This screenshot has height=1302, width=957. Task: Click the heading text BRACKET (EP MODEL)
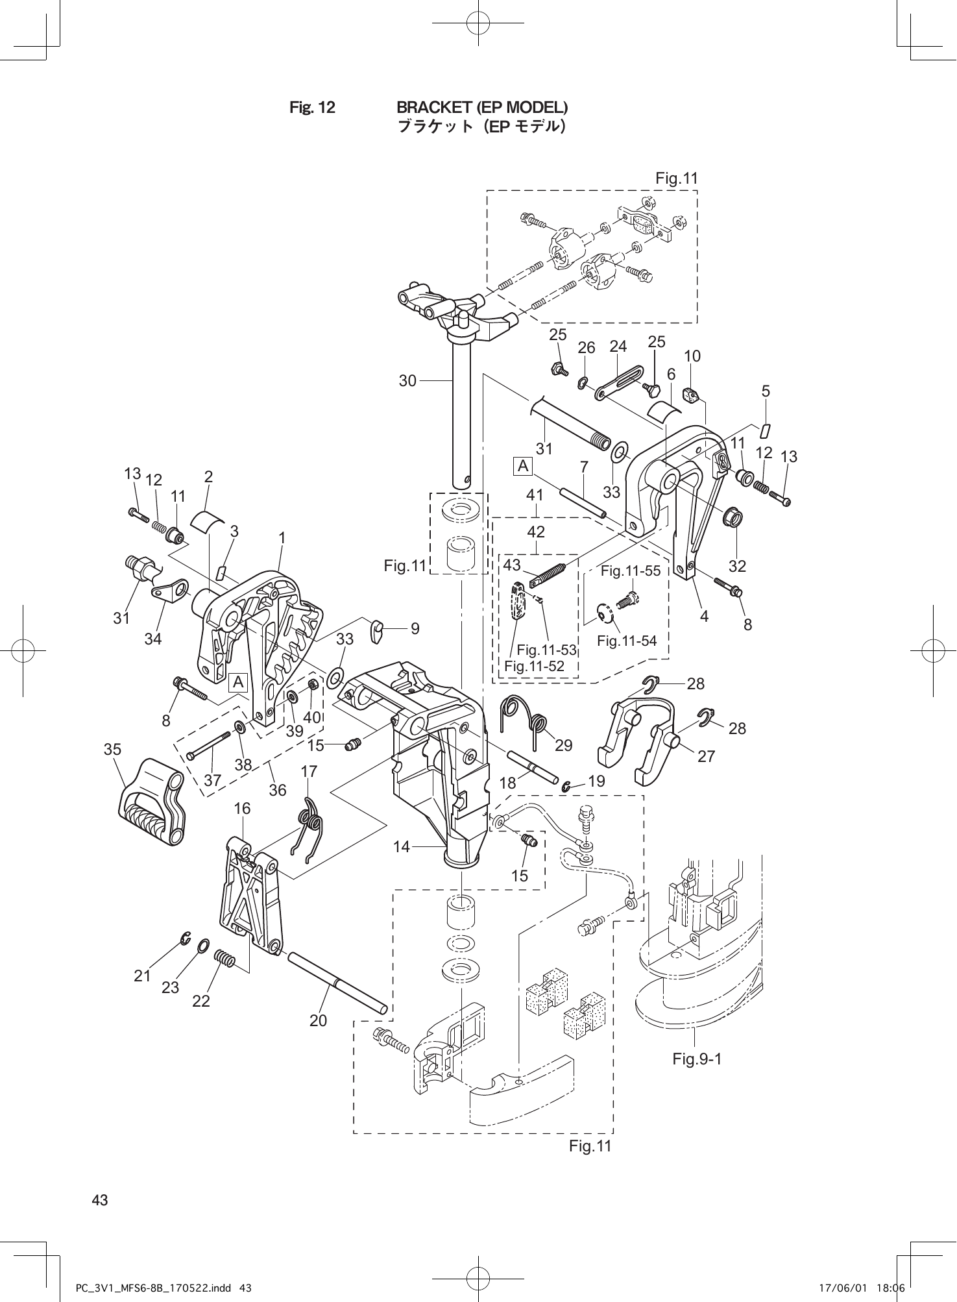[x=482, y=106]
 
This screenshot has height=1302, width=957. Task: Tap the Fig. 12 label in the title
[x=312, y=107]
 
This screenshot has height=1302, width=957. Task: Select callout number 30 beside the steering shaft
[x=407, y=381]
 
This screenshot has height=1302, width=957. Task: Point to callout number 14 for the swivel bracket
[x=402, y=846]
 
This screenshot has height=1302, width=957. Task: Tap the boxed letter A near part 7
[x=523, y=466]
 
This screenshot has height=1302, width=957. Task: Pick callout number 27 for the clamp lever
[x=706, y=755]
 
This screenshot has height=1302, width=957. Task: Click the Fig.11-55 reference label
[x=630, y=571]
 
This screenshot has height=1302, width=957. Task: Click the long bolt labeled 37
[x=209, y=746]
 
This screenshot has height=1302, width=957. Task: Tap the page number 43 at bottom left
[x=100, y=1200]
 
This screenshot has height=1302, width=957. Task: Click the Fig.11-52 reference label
[x=534, y=666]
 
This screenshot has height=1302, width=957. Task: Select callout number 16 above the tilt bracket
[x=242, y=808]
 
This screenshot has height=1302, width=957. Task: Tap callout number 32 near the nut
[x=737, y=566]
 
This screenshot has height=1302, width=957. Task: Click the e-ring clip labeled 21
[x=186, y=939]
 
